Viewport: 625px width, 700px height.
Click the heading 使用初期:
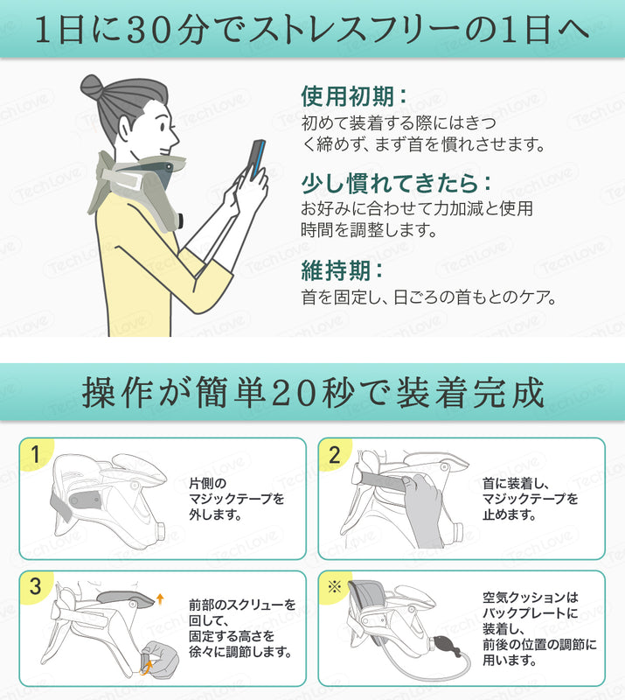pyautogui.click(x=354, y=96)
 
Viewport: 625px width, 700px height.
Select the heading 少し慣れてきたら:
pyautogui.click(x=396, y=183)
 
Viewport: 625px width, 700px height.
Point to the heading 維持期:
pyautogui.click(x=342, y=270)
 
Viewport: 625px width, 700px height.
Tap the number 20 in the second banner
pyautogui.click(x=293, y=392)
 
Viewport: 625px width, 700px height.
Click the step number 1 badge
pyautogui.click(x=35, y=455)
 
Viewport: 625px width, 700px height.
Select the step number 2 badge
pyautogui.click(x=335, y=455)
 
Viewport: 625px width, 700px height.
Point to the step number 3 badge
pyautogui.click(x=35, y=586)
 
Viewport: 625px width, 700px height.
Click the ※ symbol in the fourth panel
pyautogui.click(x=334, y=586)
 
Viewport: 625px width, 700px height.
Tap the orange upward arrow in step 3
pyautogui.click(x=160, y=599)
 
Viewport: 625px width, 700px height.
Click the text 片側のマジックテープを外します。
pyautogui.click(x=236, y=499)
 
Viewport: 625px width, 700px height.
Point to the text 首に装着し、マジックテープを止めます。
pyautogui.click(x=530, y=499)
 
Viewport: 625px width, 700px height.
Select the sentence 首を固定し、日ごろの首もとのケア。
pyautogui.click(x=428, y=297)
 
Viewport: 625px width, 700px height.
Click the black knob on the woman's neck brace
pyautogui.click(x=179, y=220)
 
